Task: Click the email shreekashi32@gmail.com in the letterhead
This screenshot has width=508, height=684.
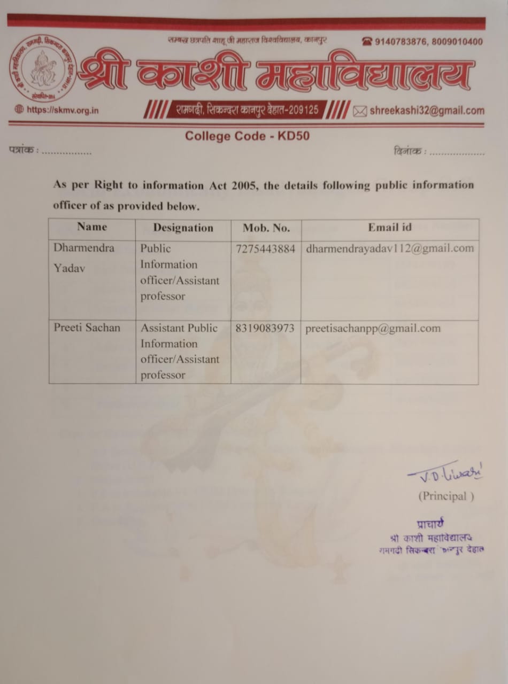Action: pos(426,111)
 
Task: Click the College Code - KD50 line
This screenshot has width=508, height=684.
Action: pos(247,136)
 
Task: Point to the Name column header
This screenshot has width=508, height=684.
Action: pos(92,227)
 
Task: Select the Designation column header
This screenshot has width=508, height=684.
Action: pos(183,228)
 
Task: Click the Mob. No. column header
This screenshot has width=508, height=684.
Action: pos(266,228)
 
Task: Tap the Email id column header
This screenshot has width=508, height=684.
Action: pos(389,227)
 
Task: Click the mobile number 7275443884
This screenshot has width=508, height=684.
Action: pos(265,248)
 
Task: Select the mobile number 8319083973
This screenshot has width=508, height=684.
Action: pos(265,328)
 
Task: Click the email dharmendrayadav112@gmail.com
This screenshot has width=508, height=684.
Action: pos(389,248)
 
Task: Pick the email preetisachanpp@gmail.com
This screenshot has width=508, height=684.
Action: pos(373,328)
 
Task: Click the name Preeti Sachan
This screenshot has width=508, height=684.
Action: pos(87,328)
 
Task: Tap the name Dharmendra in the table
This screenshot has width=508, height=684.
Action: pos(84,248)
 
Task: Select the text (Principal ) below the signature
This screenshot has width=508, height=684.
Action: pos(445,496)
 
